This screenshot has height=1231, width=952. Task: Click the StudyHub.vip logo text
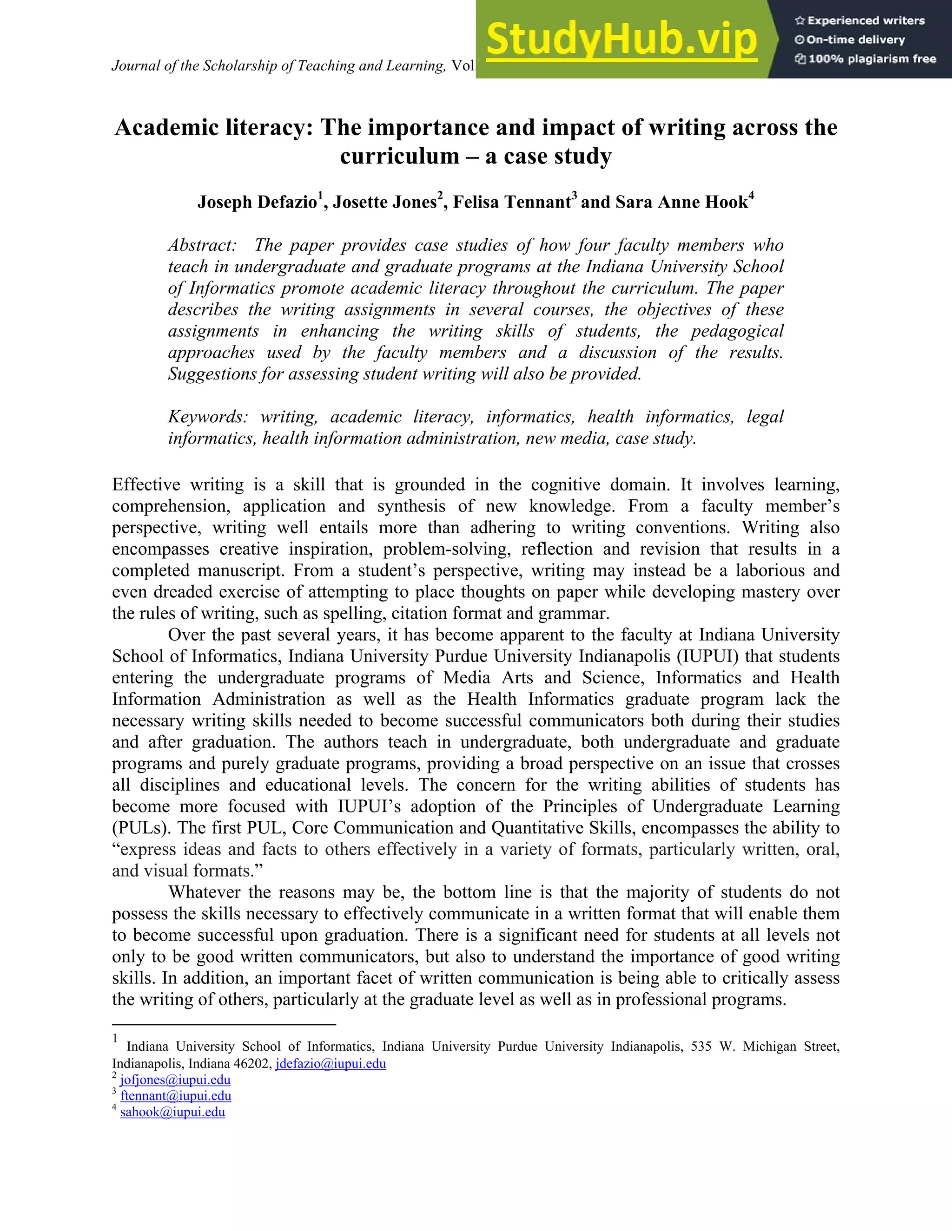point(621,39)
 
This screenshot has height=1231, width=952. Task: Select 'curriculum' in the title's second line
point(399,156)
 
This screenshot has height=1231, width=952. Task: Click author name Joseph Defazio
point(257,203)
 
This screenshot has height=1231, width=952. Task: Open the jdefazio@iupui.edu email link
point(331,1064)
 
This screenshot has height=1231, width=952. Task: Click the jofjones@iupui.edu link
point(175,1080)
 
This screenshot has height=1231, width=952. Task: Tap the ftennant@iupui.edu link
point(176,1096)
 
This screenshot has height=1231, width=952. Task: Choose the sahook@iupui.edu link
point(172,1112)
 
